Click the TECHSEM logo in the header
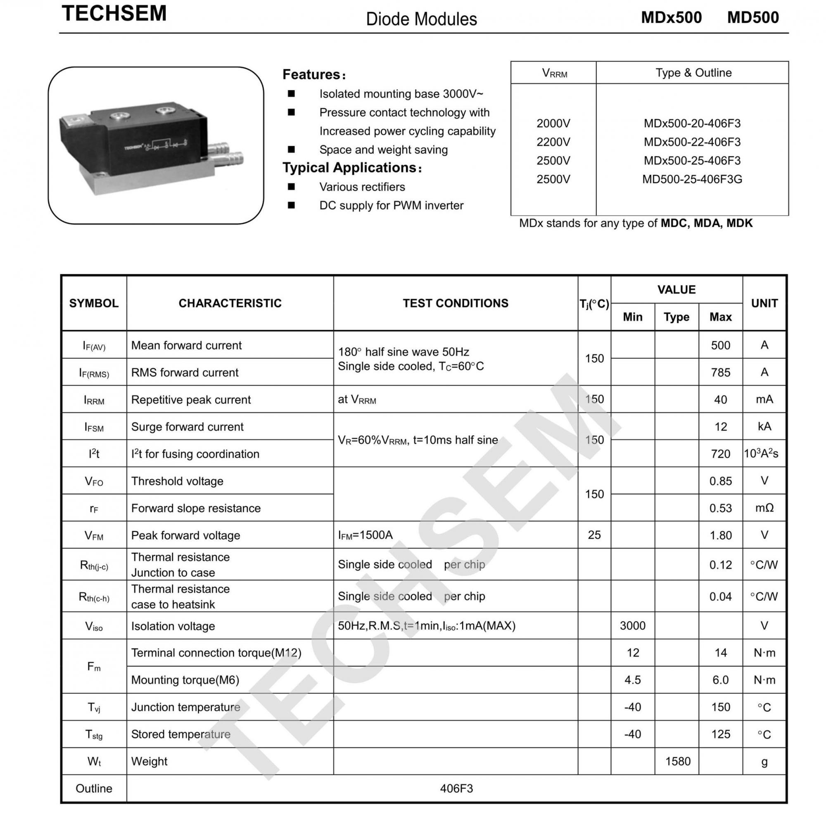point(114,13)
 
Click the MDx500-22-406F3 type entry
point(692,142)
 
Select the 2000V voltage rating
point(553,124)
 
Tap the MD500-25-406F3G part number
point(692,179)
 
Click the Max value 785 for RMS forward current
point(720,373)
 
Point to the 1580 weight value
point(678,761)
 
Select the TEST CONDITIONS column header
point(455,303)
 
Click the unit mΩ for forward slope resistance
point(764,508)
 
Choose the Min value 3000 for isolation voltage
point(632,626)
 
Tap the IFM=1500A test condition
point(365,535)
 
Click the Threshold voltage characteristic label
point(177,481)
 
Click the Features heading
point(314,75)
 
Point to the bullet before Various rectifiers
point(291,186)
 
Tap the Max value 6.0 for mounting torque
point(720,680)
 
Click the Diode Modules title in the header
point(421,19)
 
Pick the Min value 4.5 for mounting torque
point(632,680)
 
